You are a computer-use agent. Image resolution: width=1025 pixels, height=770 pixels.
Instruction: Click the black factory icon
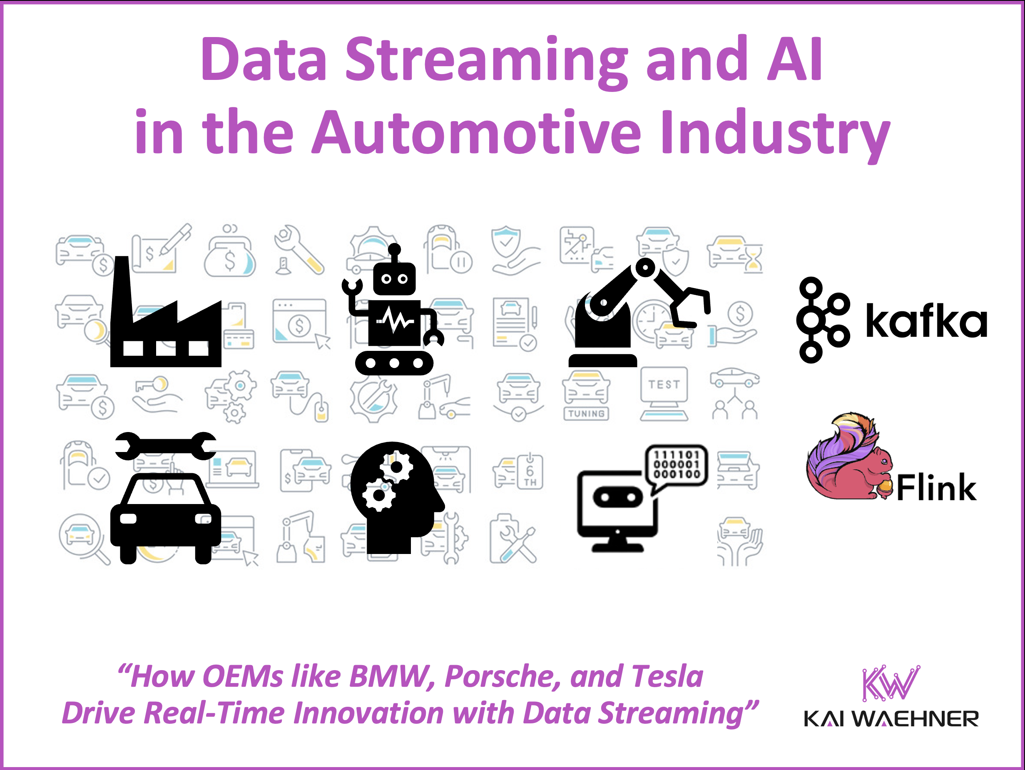pyautogui.click(x=165, y=320)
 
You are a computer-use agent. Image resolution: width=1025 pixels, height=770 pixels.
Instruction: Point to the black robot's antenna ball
pyautogui.click(x=394, y=250)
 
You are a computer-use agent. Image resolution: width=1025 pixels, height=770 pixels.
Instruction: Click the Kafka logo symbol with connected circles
pyautogui.click(x=823, y=320)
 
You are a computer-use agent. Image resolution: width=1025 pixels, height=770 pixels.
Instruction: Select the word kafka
pyautogui.click(x=926, y=320)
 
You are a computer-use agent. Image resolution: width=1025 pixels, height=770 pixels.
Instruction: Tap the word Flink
pyautogui.click(x=936, y=488)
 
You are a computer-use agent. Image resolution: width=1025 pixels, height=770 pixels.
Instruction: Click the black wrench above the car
pyautogui.click(x=165, y=446)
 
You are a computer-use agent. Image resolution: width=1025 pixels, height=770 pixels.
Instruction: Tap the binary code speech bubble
pyautogui.click(x=677, y=466)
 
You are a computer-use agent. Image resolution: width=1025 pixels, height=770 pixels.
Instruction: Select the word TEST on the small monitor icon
pyautogui.click(x=664, y=385)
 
